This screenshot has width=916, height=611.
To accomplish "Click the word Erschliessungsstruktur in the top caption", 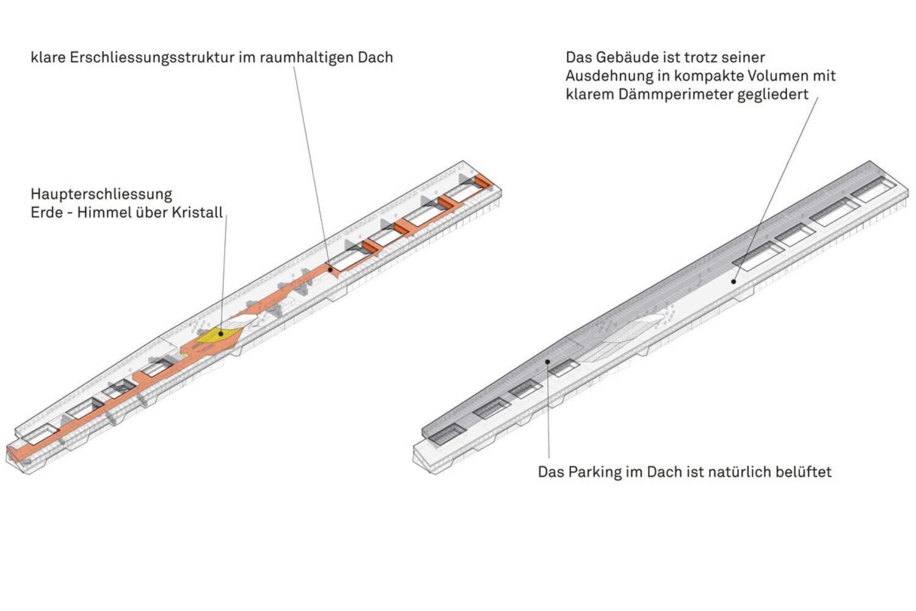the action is (x=152, y=58).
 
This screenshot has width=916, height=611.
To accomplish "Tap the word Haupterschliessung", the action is (x=101, y=194).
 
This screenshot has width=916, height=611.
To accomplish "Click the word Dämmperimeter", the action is (x=676, y=95).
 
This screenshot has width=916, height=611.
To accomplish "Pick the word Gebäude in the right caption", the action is (x=625, y=57).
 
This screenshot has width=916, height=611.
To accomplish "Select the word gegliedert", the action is (x=773, y=95).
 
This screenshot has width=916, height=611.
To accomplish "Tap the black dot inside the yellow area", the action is (x=221, y=334).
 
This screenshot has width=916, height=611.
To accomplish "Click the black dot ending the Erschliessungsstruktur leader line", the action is (x=330, y=270).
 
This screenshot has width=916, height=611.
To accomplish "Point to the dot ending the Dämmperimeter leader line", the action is (x=733, y=282).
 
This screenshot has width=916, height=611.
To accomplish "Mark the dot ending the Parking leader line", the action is (x=548, y=362).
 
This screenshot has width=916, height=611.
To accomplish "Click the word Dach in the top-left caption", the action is (x=376, y=57).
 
